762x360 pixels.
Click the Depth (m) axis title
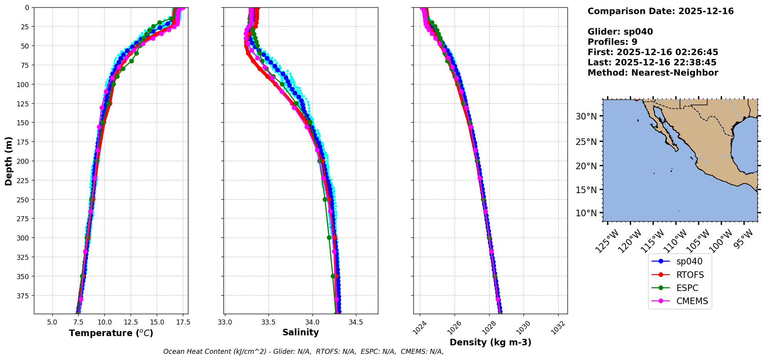pyautogui.click(x=8, y=161)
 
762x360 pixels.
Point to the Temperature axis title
pyautogui.click(x=111, y=333)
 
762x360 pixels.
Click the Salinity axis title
pyautogui.click(x=300, y=332)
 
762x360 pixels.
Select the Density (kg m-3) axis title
pyautogui.click(x=490, y=342)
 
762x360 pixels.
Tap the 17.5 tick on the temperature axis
pyautogui.click(x=183, y=322)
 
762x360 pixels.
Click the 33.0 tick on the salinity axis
pyautogui.click(x=225, y=322)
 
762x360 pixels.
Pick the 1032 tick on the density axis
pyautogui.click(x=558, y=328)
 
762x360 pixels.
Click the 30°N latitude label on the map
pyautogui.click(x=586, y=116)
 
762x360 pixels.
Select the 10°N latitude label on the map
pyautogui.click(x=586, y=213)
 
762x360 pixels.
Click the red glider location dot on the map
pyautogui.click(x=636, y=99)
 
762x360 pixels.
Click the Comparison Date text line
pyautogui.click(x=660, y=11)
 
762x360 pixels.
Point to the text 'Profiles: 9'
pyautogui.click(x=612, y=42)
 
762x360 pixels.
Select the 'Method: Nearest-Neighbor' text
pyautogui.click(x=653, y=73)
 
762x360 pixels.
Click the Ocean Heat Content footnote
pyautogui.click(x=303, y=352)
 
